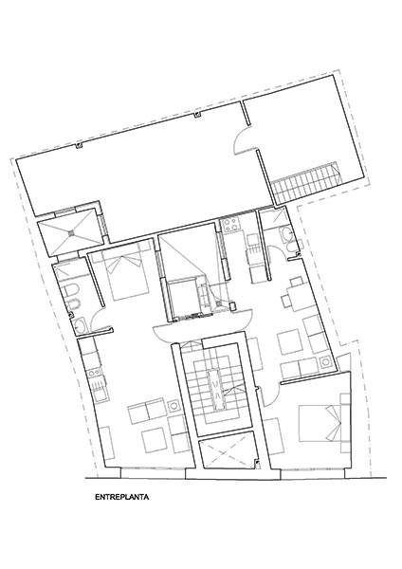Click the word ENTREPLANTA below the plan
(x=122, y=497)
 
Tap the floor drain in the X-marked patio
(x=72, y=232)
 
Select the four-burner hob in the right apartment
(x=231, y=225)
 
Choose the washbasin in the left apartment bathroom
(x=81, y=325)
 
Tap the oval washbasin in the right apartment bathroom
(x=286, y=235)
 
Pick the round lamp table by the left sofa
(x=174, y=405)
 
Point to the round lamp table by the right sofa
(x=325, y=362)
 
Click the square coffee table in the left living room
(x=155, y=440)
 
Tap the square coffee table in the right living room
(x=290, y=341)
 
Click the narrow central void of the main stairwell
(x=216, y=391)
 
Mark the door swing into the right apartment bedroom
(x=270, y=395)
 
